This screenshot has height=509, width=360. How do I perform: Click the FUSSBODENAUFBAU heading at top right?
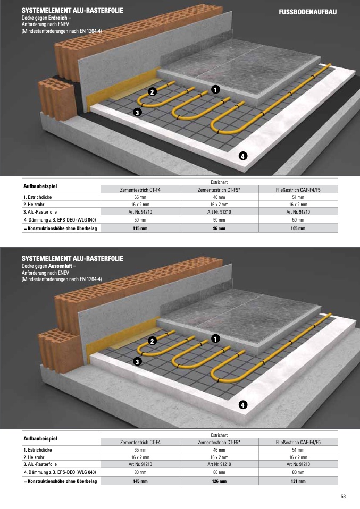pyautogui.click(x=307, y=12)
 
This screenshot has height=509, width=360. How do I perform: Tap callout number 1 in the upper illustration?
pyautogui.click(x=215, y=89)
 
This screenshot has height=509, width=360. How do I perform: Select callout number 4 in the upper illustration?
pyautogui.click(x=242, y=156)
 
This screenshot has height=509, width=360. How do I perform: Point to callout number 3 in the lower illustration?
pyautogui.click(x=137, y=361)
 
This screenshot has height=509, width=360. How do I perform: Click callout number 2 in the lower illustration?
pyautogui.click(x=152, y=341)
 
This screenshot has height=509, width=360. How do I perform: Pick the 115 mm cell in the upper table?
pyautogui.click(x=140, y=228)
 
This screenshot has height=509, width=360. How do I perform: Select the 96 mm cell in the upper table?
pyautogui.click(x=219, y=228)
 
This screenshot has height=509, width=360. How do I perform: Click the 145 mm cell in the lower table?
pyautogui.click(x=140, y=481)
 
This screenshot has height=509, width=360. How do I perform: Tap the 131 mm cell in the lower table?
pyautogui.click(x=298, y=481)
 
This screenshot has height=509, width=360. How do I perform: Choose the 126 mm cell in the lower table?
pyautogui.click(x=219, y=481)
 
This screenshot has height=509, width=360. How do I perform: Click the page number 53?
pyautogui.click(x=343, y=496)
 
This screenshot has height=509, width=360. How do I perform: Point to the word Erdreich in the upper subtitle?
pyautogui.click(x=57, y=18)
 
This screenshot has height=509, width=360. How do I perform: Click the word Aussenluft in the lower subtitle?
pyautogui.click(x=60, y=266)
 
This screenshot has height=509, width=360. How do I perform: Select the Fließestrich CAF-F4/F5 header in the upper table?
pyautogui.click(x=298, y=190)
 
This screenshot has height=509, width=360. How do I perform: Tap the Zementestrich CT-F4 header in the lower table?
pyautogui.click(x=140, y=442)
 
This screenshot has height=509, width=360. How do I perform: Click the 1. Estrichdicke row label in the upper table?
pyautogui.click(x=38, y=197)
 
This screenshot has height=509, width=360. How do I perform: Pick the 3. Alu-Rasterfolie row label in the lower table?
pyautogui.click(x=40, y=464)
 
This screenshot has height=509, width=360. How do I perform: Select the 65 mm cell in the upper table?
pyautogui.click(x=140, y=197)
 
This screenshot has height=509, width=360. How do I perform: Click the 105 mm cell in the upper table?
pyautogui.click(x=298, y=228)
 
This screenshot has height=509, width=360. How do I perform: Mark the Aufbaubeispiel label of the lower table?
pyautogui.click(x=40, y=438)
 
